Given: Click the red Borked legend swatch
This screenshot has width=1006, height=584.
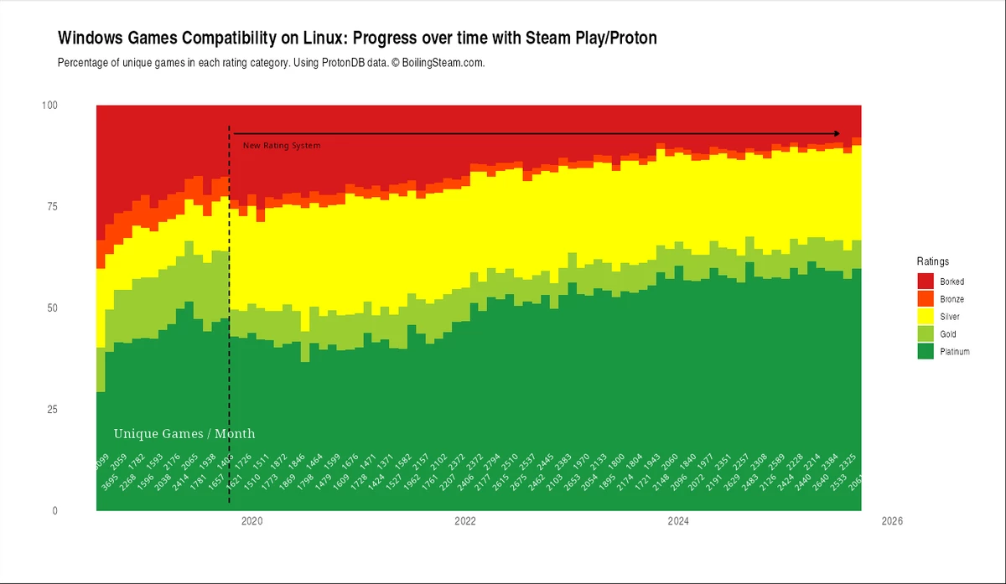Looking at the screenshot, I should click(x=926, y=282).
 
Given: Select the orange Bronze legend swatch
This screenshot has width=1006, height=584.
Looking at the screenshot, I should click(x=926, y=299).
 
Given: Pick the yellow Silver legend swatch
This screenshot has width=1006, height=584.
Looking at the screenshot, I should click(x=926, y=317).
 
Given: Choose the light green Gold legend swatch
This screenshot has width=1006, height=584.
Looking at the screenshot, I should click(x=926, y=334).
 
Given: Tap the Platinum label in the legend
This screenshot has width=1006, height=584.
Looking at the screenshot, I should click(x=954, y=352).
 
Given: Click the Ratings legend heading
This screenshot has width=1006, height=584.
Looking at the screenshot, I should click(x=932, y=261).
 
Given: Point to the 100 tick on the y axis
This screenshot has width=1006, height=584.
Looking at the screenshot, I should click(x=49, y=105).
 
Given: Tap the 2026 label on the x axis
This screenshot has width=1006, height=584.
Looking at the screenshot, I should click(x=891, y=521).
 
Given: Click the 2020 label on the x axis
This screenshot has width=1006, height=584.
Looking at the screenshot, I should click(x=251, y=521).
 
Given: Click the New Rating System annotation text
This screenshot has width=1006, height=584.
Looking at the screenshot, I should click(x=282, y=146).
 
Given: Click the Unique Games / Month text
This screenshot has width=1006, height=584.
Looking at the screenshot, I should click(x=184, y=434).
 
